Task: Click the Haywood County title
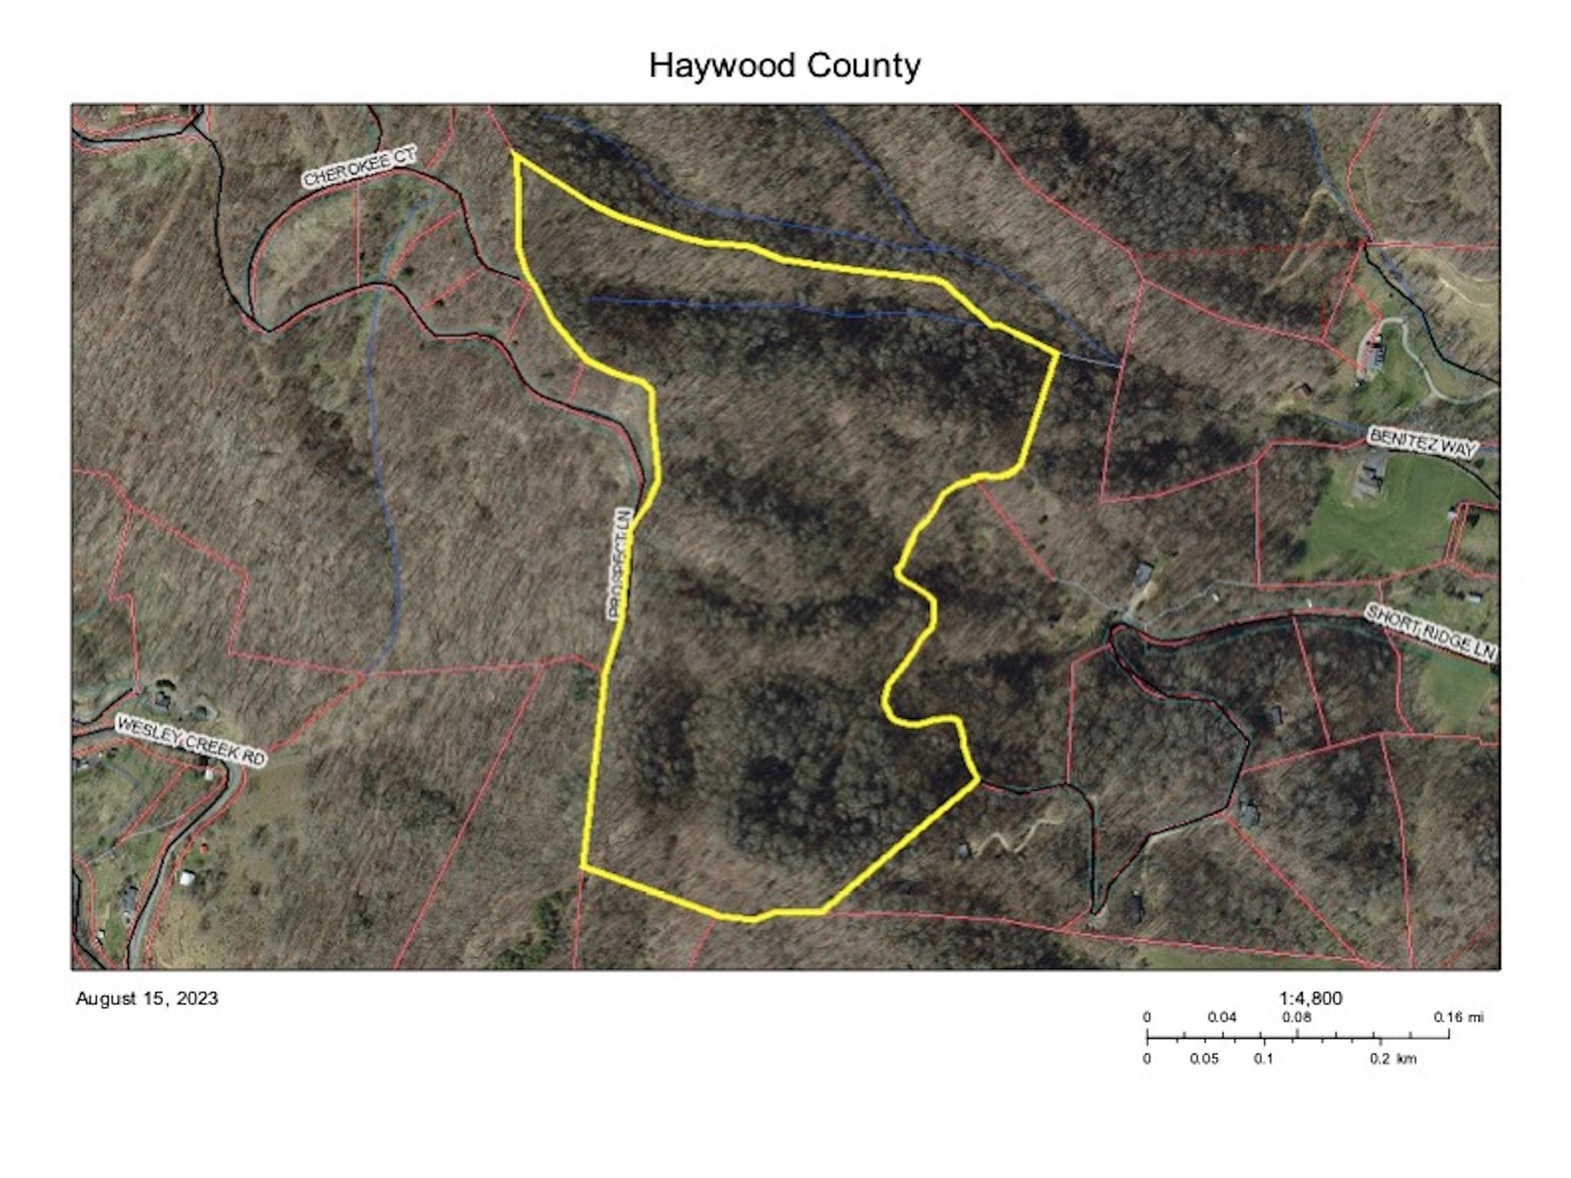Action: click(784, 66)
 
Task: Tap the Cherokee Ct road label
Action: click(359, 167)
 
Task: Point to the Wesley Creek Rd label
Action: click(190, 741)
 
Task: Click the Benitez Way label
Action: click(1421, 443)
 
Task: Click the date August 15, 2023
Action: click(147, 999)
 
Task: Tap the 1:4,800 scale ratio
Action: click(1310, 998)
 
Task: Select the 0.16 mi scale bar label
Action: click(1458, 1018)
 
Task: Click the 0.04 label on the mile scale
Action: click(1222, 1018)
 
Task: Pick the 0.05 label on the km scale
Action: click(1204, 1059)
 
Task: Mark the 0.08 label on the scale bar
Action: click(1296, 1018)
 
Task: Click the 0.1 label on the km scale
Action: click(1263, 1059)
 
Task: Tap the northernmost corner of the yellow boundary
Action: click(515, 154)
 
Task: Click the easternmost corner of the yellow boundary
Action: click(1058, 354)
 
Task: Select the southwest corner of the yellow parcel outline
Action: click(583, 867)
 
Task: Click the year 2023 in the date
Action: click(197, 999)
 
